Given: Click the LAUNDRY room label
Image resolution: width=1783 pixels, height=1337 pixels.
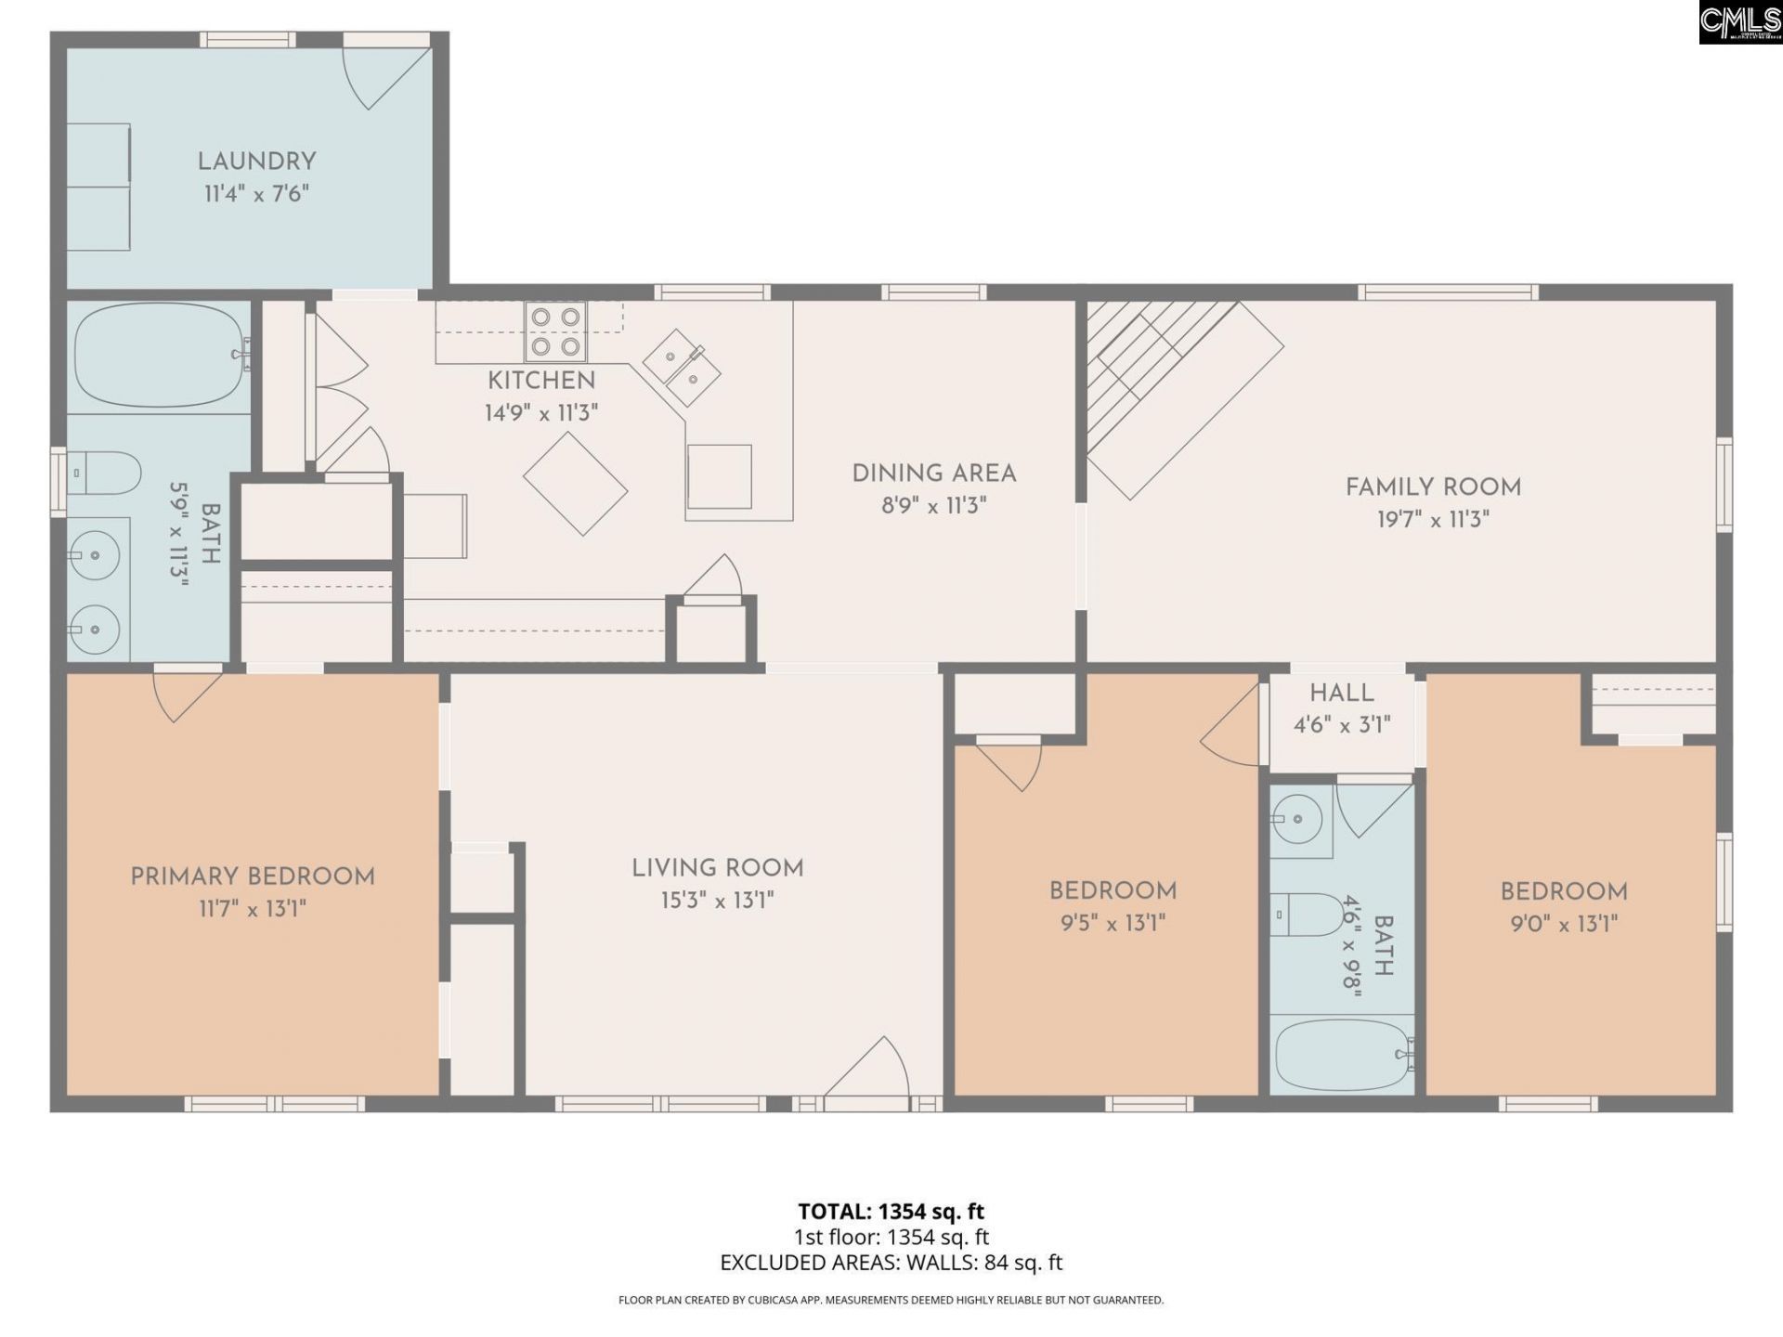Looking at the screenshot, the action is [x=257, y=162].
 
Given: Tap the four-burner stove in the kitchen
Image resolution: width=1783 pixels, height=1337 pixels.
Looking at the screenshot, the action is [x=555, y=331].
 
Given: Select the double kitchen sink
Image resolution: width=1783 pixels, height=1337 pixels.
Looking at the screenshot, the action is [x=682, y=367].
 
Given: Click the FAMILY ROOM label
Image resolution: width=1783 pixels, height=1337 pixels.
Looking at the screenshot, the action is [x=1433, y=487].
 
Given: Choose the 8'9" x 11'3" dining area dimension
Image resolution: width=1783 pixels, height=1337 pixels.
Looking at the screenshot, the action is [x=933, y=506].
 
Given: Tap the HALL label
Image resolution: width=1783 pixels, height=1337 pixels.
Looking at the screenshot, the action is [x=1342, y=693].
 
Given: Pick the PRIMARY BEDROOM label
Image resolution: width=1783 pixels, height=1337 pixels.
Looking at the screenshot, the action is [x=253, y=876].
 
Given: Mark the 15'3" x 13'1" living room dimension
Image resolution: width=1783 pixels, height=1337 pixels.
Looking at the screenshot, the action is [x=717, y=901].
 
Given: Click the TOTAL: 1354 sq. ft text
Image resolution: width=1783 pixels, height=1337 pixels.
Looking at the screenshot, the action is [x=891, y=1212].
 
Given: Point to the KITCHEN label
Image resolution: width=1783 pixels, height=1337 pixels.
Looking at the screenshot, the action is [x=541, y=381].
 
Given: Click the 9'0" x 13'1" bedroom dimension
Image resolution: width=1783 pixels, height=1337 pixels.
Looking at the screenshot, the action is [x=1564, y=924].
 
